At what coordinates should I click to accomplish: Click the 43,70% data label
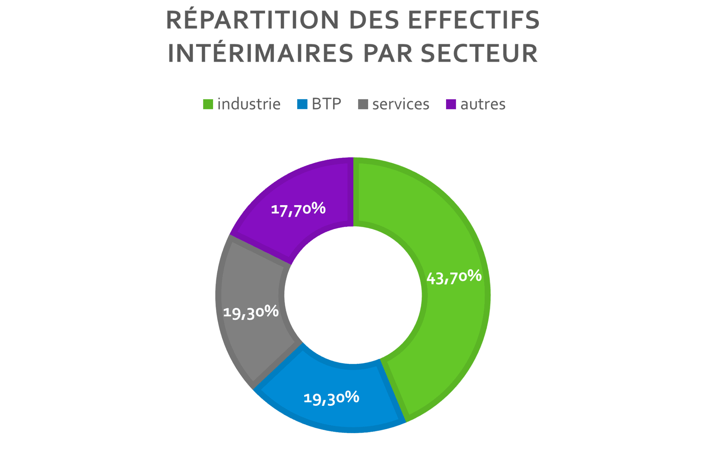[x=454, y=277]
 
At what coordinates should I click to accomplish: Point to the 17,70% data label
[x=298, y=209]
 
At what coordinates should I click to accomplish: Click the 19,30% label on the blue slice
[x=331, y=398]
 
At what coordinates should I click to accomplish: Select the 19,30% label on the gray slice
[x=251, y=312]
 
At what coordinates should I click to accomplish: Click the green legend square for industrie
[x=208, y=104]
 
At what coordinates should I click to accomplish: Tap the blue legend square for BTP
[x=302, y=104]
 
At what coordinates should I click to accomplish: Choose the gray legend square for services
[x=363, y=104]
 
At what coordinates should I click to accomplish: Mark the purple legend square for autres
[x=451, y=104]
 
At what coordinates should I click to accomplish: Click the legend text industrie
[x=249, y=104]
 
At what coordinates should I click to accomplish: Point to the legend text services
[x=401, y=104]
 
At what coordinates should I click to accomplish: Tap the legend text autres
[x=483, y=104]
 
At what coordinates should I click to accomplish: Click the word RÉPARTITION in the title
[x=253, y=20]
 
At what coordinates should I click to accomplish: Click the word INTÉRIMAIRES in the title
[x=260, y=53]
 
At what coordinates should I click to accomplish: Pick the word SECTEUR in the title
[x=479, y=53]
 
